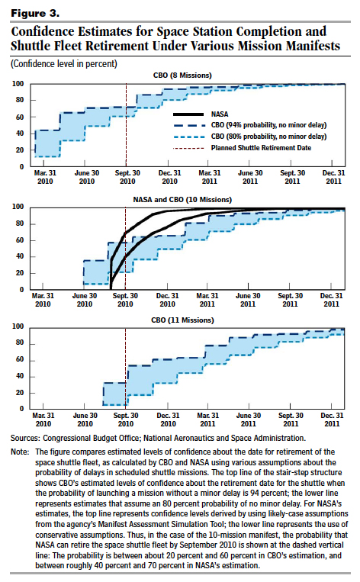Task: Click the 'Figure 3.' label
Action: click(35, 14)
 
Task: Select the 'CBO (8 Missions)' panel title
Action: click(182, 76)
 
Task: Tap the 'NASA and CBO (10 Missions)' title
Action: click(182, 200)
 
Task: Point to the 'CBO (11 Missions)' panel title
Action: click(182, 320)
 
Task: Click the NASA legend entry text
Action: click(220, 114)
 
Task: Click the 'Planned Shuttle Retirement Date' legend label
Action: click(262, 148)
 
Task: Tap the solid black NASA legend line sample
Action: click(189, 114)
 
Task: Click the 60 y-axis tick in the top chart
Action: click(20, 117)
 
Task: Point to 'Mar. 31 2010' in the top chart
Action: click(45, 177)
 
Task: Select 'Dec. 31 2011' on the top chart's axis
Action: click(333, 177)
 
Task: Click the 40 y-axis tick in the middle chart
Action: click(20, 256)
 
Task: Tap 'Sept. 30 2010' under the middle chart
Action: click(125, 300)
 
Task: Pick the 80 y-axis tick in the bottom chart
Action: click(20, 343)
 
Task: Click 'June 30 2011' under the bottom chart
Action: click(249, 420)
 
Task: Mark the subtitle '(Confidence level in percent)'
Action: click(64, 64)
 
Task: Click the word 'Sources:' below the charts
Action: click(25, 438)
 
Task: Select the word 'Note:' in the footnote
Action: click(20, 452)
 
